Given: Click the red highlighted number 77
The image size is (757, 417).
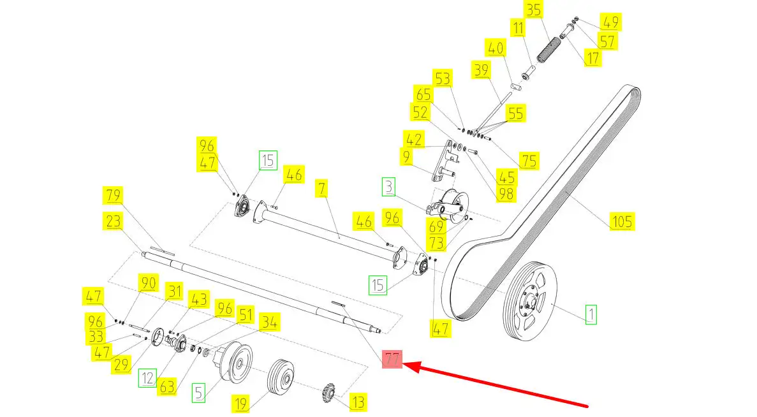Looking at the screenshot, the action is pos(392,360).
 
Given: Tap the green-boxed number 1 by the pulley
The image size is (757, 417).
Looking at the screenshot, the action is pos(591,314).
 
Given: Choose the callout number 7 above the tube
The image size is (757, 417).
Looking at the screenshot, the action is pos(323,189).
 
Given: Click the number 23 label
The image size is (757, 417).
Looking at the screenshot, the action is pos(115,221).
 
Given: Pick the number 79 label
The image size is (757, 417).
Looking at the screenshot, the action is pos(114,195).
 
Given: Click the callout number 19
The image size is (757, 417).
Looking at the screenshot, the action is pos(240,403).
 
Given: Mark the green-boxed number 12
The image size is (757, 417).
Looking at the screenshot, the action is pos(148,378).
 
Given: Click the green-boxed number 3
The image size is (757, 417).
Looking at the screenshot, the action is pos(390,187).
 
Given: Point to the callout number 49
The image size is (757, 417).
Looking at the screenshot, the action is pos(610,23).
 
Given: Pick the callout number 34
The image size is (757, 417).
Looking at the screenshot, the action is pos(269,323).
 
